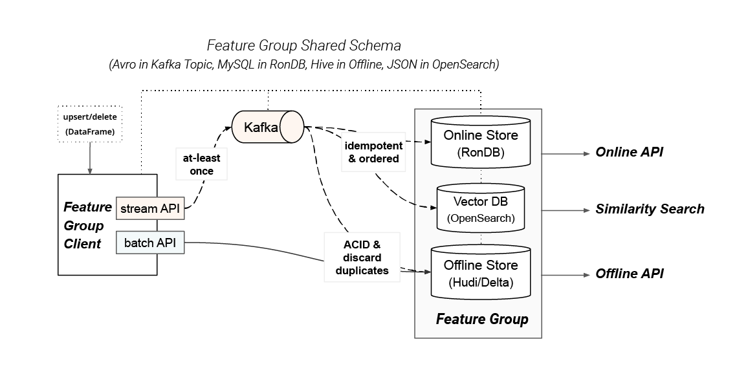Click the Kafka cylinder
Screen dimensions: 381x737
point(267,127)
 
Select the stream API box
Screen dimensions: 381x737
point(149,208)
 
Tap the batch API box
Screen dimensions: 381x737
point(150,243)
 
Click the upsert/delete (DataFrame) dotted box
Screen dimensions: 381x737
point(89,124)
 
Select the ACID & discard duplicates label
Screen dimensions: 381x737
point(362,257)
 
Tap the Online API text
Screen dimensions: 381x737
point(629,152)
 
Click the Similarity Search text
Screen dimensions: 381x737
point(650,209)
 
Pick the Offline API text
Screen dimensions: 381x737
point(629,274)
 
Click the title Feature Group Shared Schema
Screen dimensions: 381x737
point(303,46)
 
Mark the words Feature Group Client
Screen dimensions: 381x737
point(87,225)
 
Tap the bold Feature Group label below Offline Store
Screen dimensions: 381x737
point(481,319)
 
